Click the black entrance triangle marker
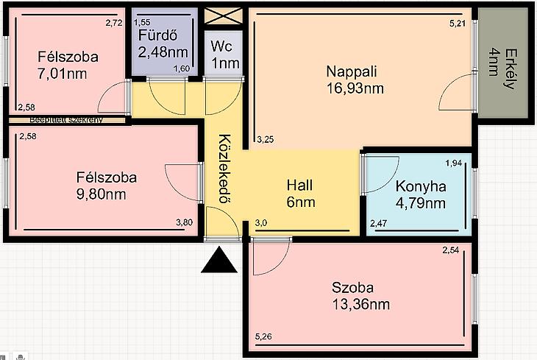pos(219,261)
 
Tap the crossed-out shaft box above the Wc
pos(224,16)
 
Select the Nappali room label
pos(352,71)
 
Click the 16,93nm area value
pos(355,88)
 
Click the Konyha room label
pos(421,186)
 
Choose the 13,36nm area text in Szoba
pos(361,304)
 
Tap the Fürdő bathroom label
pos(158,35)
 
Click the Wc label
pos(221,46)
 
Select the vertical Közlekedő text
pos(225,169)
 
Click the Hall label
pos(299,185)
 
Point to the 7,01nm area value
pos(62,74)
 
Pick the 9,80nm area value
pos(101,194)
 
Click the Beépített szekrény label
pos(66,120)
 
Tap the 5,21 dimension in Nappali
pos(458,24)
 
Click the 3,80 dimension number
pos(184,222)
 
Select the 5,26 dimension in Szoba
pos(263,336)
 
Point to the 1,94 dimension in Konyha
pos(454,163)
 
